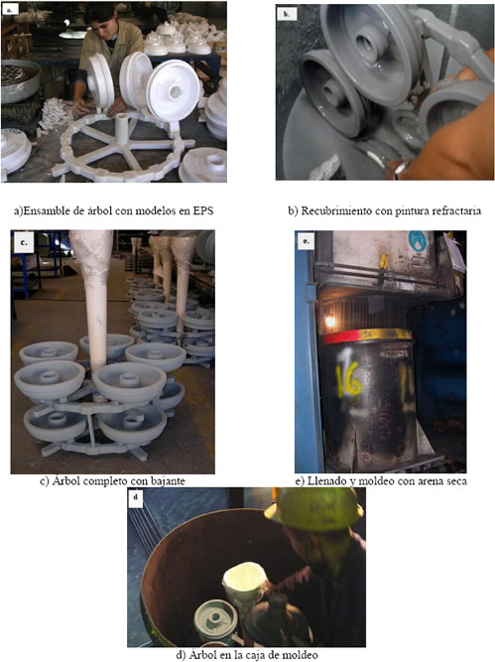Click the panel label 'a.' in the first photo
9,9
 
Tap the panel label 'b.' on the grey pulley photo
287,14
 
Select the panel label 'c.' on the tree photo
23,243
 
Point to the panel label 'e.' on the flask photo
306,241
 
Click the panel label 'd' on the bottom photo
136,497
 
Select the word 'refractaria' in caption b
458,210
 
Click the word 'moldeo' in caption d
302,655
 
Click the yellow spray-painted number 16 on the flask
348,377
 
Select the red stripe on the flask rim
342,336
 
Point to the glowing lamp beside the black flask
329,323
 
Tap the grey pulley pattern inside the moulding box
215,621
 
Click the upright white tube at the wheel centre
122,129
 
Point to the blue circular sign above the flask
417,241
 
